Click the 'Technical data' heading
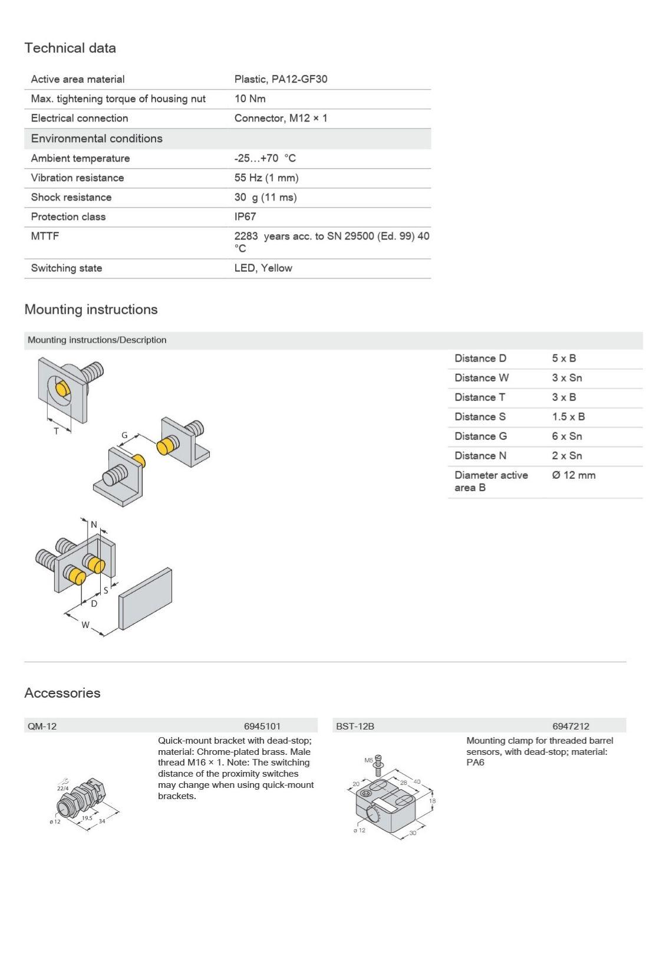point(70,48)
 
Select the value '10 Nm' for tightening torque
point(250,98)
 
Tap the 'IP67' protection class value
point(245,216)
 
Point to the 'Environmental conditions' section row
point(97,139)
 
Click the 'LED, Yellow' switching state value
point(263,268)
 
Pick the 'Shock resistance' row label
point(71,197)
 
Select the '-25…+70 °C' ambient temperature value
point(265,158)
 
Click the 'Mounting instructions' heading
point(91,310)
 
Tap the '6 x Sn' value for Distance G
point(566,436)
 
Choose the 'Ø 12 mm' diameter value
point(573,475)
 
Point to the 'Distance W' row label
point(481,378)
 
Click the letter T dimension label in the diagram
point(57,431)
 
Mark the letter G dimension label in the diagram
point(124,435)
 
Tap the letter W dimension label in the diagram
point(85,625)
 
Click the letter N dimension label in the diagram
point(94,524)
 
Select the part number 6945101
point(262,726)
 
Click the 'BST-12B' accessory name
point(355,726)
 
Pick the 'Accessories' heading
point(62,693)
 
